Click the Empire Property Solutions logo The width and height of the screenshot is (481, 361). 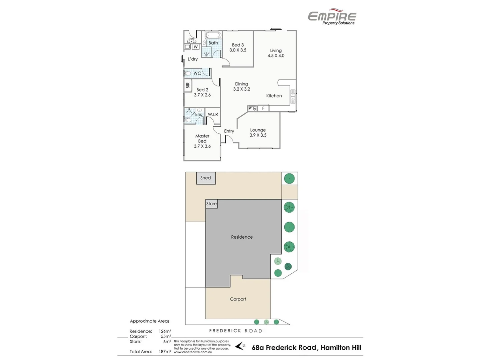point(332,17)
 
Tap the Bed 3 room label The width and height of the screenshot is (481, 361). point(238,45)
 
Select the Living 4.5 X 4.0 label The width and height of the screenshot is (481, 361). point(276,53)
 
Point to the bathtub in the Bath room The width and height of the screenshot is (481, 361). point(213,35)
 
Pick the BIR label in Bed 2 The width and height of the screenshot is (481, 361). point(188,86)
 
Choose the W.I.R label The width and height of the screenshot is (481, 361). point(213,114)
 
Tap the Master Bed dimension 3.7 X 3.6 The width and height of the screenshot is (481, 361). point(202,146)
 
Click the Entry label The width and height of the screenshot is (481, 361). point(229,131)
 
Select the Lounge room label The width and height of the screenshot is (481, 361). point(258,130)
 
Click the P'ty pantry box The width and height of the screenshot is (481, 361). point(252,108)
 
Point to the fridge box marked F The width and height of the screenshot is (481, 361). point(263,108)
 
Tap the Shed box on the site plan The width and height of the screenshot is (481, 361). point(206,178)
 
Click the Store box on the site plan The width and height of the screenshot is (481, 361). point(211,204)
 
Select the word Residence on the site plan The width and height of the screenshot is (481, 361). point(242,237)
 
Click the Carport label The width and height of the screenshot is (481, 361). point(238,299)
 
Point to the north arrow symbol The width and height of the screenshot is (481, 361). point(240,346)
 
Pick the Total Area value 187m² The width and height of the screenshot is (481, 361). point(165,352)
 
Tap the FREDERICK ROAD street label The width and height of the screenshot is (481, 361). point(235,331)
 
